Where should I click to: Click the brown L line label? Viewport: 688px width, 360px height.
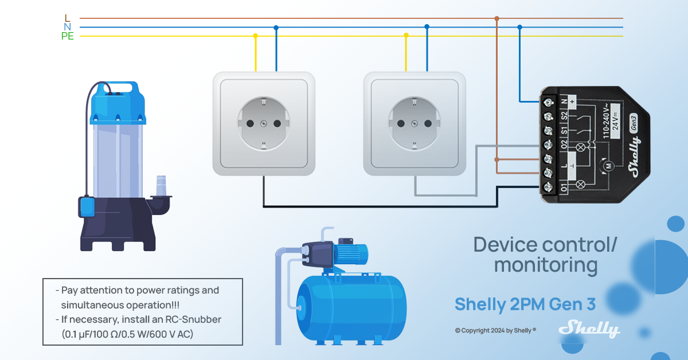(68, 18)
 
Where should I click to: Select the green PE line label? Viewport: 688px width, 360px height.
(68, 37)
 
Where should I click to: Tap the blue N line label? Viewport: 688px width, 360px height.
(68, 28)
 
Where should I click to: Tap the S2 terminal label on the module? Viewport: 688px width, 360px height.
(564, 116)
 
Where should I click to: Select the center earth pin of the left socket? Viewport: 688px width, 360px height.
(264, 123)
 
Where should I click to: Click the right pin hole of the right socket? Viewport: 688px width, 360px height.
(428, 123)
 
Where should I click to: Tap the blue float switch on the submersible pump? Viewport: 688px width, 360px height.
(88, 206)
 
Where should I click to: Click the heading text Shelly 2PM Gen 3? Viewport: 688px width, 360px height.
(525, 304)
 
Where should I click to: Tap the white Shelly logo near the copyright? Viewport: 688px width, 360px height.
(589, 329)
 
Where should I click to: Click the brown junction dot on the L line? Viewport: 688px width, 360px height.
(497, 18)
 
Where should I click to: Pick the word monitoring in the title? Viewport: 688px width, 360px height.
(545, 265)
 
